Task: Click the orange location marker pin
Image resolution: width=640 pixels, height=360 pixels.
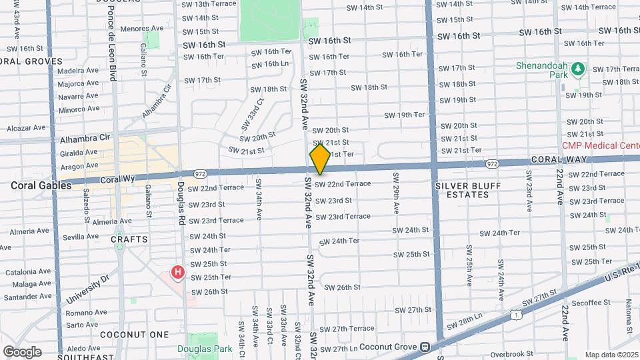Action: tap(321, 159)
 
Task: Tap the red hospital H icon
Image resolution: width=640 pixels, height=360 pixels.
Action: tap(177, 272)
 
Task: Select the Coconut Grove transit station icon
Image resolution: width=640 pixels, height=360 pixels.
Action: tap(424, 347)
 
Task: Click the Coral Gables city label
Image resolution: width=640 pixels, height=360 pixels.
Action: tap(41, 186)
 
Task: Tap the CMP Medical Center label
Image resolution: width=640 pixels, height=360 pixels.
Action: tap(601, 145)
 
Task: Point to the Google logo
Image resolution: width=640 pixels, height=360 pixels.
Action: tap(22, 352)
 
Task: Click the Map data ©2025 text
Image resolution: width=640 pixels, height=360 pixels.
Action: tap(611, 355)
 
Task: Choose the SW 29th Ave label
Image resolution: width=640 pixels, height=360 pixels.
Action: tap(396, 193)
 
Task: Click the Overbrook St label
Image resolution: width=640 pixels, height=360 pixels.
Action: tap(511, 353)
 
